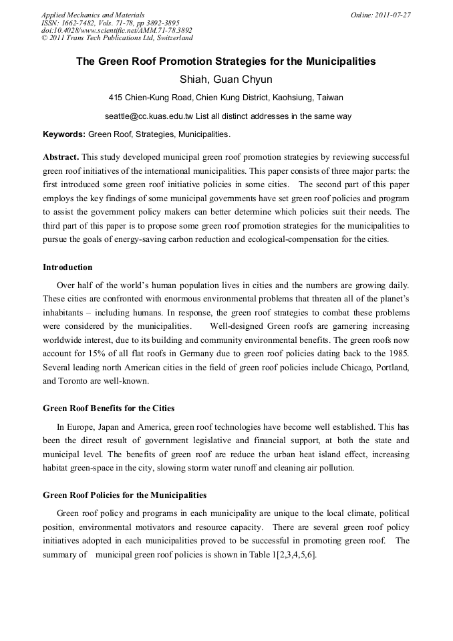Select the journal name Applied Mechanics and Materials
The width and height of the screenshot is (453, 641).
93,15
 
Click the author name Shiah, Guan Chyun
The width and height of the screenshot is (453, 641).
226,80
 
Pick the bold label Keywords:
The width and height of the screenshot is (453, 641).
64,134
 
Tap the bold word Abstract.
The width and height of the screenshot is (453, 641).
61,156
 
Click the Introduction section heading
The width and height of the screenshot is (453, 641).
67,267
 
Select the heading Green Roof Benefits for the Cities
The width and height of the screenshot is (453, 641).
108,408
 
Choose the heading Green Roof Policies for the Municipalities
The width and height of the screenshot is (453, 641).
124,495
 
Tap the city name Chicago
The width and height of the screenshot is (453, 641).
339,368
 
